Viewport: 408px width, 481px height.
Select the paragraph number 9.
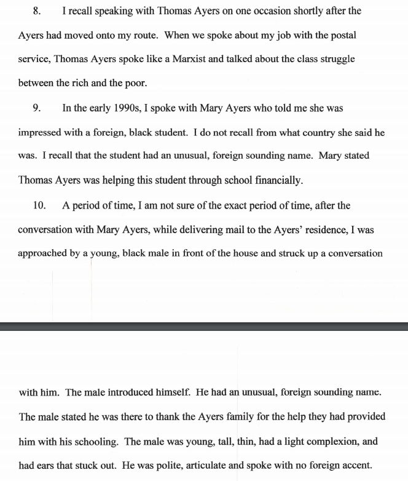coord(37,108)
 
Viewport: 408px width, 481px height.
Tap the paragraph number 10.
coord(39,205)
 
